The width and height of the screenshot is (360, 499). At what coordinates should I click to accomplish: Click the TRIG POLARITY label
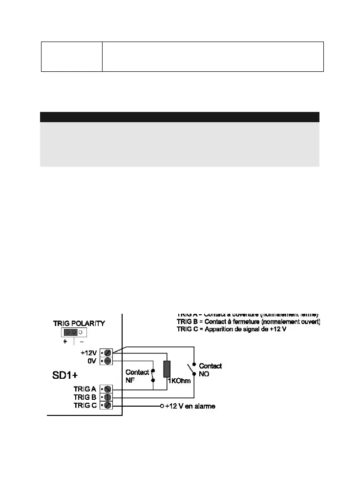(x=79, y=323)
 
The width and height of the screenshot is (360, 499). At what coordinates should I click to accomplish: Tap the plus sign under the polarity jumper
(x=65, y=342)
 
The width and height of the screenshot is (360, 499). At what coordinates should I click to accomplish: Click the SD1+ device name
(x=65, y=376)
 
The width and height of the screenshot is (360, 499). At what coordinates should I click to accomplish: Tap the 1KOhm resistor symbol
(x=167, y=369)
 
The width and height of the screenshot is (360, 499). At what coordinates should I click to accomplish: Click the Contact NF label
(x=137, y=376)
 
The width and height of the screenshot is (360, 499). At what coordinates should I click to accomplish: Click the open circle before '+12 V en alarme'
(x=162, y=406)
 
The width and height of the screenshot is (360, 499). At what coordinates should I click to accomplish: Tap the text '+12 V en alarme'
(x=190, y=406)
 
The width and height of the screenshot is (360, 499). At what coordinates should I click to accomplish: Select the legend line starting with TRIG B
(x=248, y=322)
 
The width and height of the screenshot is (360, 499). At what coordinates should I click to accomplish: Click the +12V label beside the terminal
(x=89, y=352)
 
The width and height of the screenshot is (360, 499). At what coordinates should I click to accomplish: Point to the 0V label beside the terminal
(x=92, y=361)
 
